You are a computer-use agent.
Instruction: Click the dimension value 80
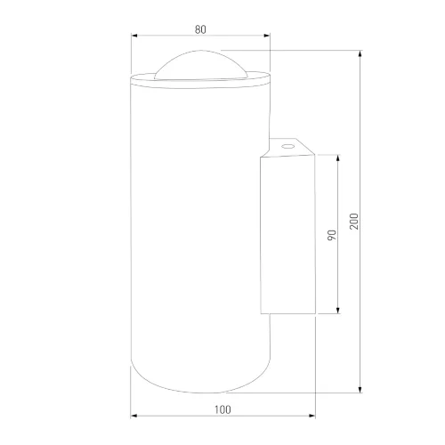[x=200, y=29]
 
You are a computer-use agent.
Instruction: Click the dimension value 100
[x=222, y=409]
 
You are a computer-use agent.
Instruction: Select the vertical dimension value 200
[x=354, y=222]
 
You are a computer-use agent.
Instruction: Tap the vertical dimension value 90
[x=332, y=235]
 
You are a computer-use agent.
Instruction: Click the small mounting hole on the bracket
[x=287, y=146]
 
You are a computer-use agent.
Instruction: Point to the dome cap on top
[x=201, y=64]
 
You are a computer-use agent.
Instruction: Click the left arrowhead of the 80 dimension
[x=134, y=36]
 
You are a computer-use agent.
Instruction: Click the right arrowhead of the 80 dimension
[x=267, y=36]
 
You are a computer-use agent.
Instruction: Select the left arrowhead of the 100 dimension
[x=133, y=416]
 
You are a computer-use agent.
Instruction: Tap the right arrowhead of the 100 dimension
[x=311, y=416]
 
